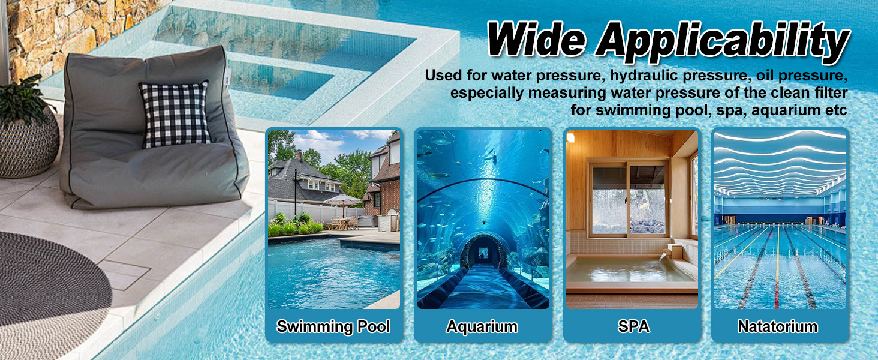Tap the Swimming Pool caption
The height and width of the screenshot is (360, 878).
click(x=333, y=326)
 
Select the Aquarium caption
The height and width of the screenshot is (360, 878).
click(x=482, y=326)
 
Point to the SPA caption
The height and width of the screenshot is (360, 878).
click(x=633, y=326)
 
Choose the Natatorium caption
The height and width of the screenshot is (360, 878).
click(x=777, y=326)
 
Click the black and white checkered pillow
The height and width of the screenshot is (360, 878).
click(x=174, y=114)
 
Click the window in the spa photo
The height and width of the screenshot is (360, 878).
click(x=629, y=198)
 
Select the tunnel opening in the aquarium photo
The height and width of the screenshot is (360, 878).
click(x=484, y=252)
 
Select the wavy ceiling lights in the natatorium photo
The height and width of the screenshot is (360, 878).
click(x=780, y=162)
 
